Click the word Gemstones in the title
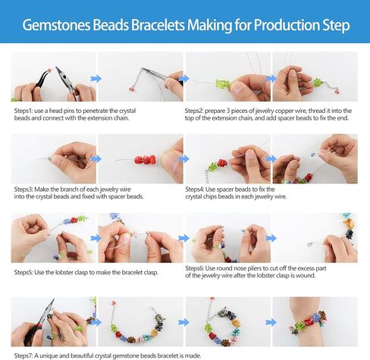pyautogui.click(x=56, y=25)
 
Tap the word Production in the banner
pyautogui.click(x=287, y=25)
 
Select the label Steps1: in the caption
pyautogui.click(x=24, y=111)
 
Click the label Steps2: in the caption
pyautogui.click(x=193, y=111)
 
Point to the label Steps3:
pyautogui.click(x=24, y=189)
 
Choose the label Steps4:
pyautogui.click(x=194, y=189)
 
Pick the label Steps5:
pyautogui.click(x=24, y=273)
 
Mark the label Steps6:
pyautogui.click(x=194, y=268)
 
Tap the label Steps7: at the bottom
pyautogui.click(x=24, y=355)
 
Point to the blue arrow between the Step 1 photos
pyautogui.click(x=96, y=79)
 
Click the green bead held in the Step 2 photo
pyautogui.click(x=223, y=84)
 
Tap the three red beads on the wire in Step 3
pyautogui.click(x=145, y=160)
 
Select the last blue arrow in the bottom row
pyautogui.click(x=271, y=322)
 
